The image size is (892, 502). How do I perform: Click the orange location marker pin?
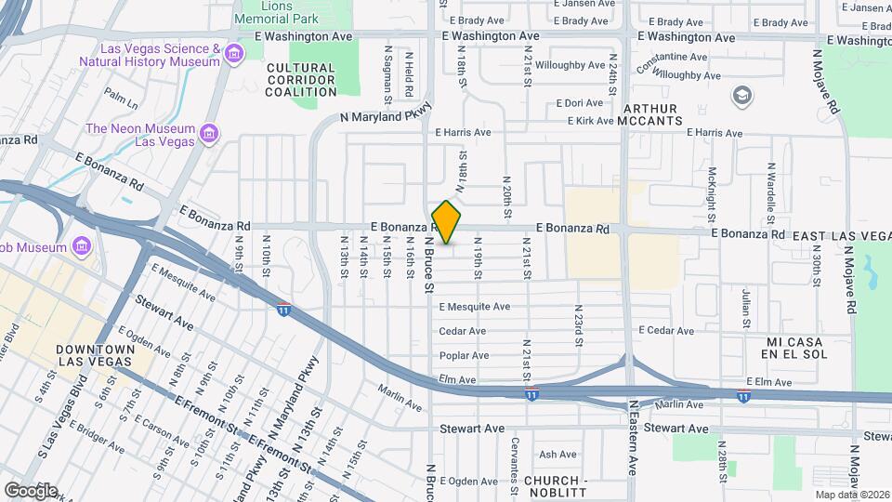point(447,223)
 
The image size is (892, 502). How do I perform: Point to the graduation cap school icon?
point(741,95)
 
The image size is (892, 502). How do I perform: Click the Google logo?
point(31,490)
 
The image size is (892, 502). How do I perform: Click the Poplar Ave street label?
point(464,355)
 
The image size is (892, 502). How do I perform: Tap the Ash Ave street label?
point(558,455)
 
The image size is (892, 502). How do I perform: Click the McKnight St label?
point(711,192)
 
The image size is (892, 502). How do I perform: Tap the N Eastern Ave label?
point(634,450)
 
